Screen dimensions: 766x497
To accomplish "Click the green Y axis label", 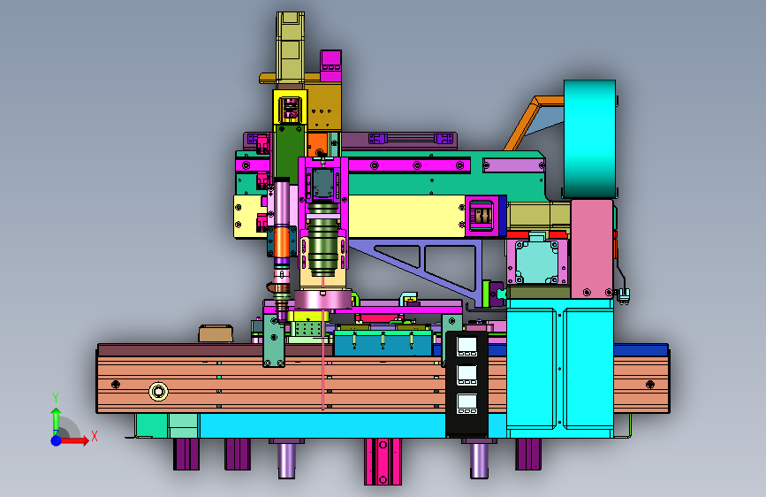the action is pyautogui.click(x=56, y=398).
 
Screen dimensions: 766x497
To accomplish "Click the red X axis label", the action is pyautogui.click(x=95, y=436).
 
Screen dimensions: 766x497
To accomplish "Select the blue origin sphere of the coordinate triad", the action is pyautogui.click(x=57, y=440).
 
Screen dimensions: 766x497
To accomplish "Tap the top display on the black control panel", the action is pyautogui.click(x=467, y=347).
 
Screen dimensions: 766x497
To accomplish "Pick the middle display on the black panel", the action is pyautogui.click(x=467, y=375).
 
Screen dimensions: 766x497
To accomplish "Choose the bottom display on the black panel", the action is pyautogui.click(x=467, y=403).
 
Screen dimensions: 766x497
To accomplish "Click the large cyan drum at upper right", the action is pyautogui.click(x=589, y=139).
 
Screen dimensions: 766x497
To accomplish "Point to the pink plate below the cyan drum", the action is pyautogui.click(x=592, y=248).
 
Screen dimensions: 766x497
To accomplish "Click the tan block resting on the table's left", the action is pyautogui.click(x=216, y=333).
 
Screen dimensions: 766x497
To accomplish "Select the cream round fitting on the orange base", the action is pyautogui.click(x=158, y=392).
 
